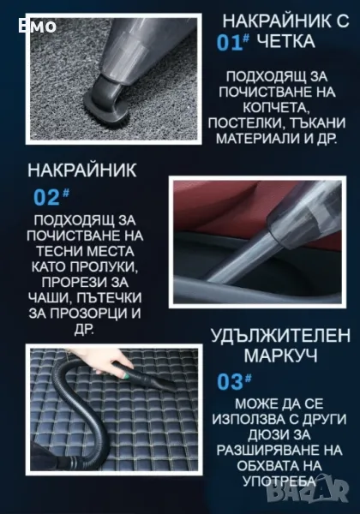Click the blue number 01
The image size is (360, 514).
click(230, 43)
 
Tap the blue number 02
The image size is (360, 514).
click(46, 197)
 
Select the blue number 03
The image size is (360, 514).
click(231, 382)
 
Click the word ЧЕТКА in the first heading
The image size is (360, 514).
click(285, 42)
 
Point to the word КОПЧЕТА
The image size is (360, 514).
click(276, 107)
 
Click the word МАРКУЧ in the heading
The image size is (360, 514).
click(280, 355)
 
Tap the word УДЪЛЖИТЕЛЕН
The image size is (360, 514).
click(280, 336)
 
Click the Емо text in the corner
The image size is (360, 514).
click(37, 27)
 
